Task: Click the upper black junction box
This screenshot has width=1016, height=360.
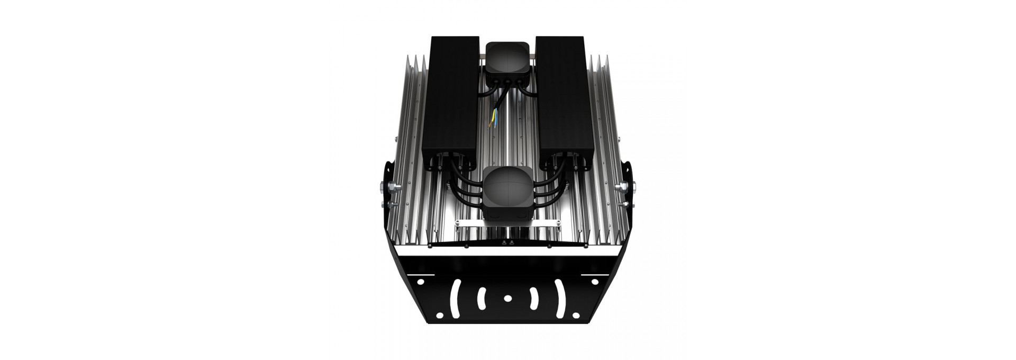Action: (x=507, y=59)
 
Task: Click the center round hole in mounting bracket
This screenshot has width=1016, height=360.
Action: (x=508, y=299)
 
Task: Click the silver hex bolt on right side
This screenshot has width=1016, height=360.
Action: (x=633, y=187)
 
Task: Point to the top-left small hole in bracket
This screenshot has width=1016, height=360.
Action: (x=420, y=282)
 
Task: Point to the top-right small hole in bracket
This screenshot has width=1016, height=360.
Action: (x=595, y=282)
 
